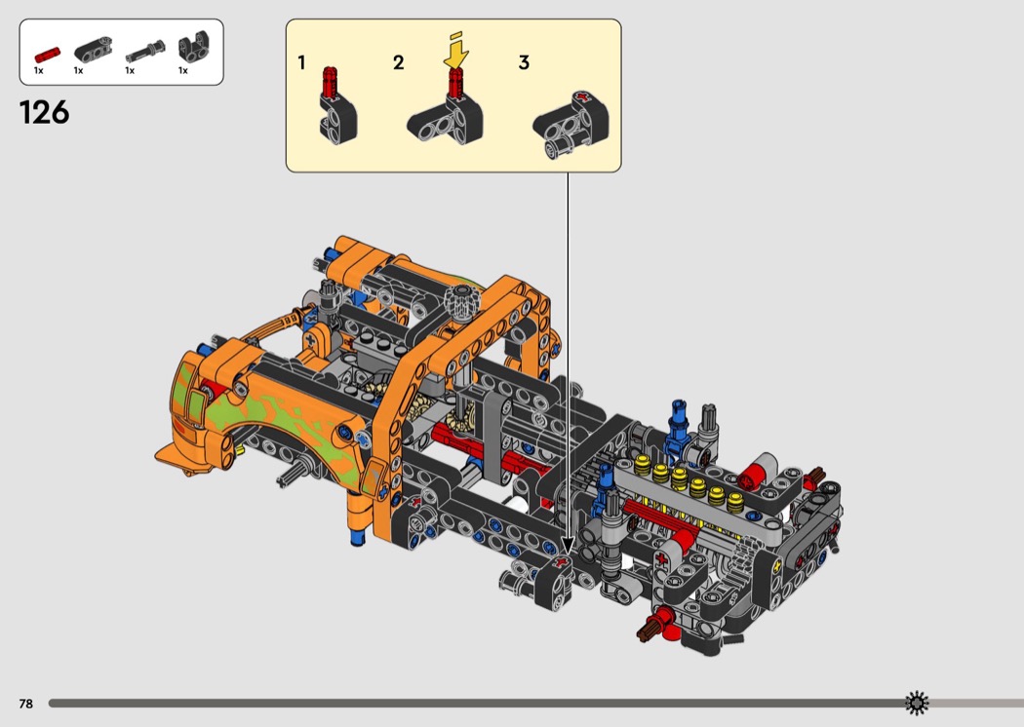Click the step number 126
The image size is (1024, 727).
(x=45, y=112)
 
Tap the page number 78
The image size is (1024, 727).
(x=26, y=704)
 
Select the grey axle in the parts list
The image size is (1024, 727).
(x=145, y=53)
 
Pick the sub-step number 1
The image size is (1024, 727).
(x=301, y=62)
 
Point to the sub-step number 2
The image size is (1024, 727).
(x=398, y=62)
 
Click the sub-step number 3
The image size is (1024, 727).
(x=524, y=62)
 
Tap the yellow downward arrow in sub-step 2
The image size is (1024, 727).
(x=457, y=53)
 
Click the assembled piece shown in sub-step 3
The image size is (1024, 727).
(x=571, y=124)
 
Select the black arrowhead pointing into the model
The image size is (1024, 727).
(x=568, y=547)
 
